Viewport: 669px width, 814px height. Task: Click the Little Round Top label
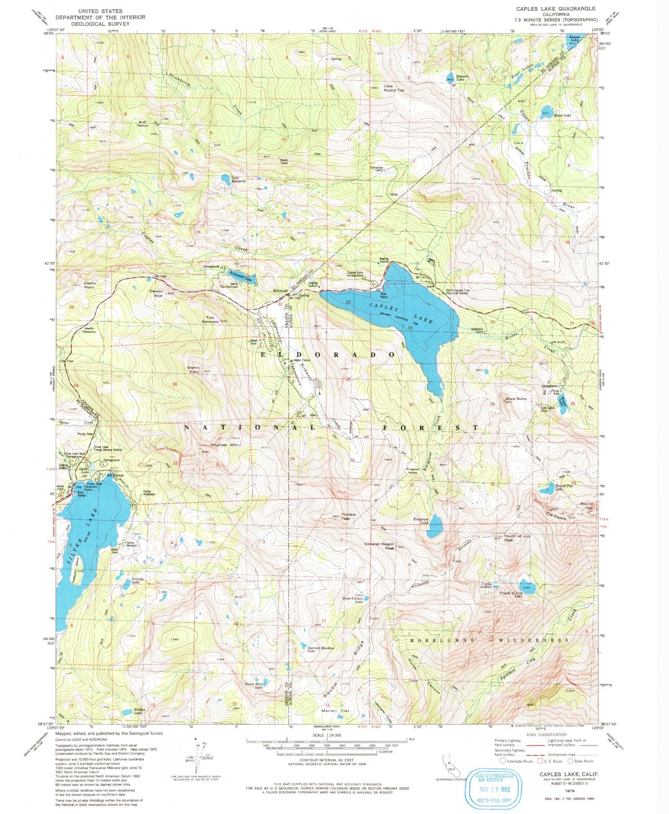[x=394, y=88]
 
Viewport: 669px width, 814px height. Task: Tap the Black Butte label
[x=516, y=399]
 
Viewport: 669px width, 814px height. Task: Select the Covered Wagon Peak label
[x=379, y=546]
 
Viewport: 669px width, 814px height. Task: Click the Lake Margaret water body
[x=226, y=178]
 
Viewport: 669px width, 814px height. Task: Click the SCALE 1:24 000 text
[x=326, y=735]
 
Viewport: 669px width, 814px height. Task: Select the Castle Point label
[x=90, y=285]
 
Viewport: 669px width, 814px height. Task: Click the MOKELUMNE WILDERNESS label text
[x=489, y=640]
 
